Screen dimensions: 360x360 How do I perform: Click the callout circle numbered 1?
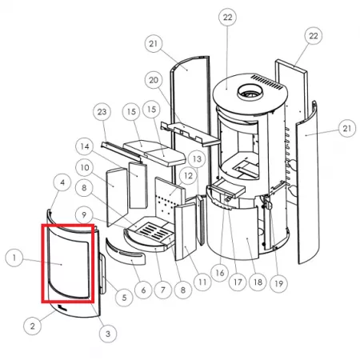14,258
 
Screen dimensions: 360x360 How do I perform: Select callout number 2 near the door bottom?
32,326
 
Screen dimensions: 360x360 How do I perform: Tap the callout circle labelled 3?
108,334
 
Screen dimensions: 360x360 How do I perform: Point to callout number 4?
62,182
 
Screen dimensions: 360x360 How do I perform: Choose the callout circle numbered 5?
124,298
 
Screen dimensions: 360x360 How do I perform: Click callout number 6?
143,290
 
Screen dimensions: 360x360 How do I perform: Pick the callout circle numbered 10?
85,167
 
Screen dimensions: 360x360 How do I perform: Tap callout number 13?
197,159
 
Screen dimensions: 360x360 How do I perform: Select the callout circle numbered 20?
154,80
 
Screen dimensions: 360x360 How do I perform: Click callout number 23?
102,112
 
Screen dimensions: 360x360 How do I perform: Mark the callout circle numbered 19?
278,283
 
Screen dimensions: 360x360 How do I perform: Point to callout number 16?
220,273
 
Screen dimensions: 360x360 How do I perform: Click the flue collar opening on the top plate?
250,93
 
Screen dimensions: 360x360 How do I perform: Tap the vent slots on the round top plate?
267,82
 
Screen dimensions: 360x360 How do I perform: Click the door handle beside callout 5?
102,274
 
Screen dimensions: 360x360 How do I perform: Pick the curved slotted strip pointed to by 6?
126,252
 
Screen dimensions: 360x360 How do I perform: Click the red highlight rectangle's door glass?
68,263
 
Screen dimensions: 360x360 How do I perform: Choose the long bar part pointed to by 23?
121,152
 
